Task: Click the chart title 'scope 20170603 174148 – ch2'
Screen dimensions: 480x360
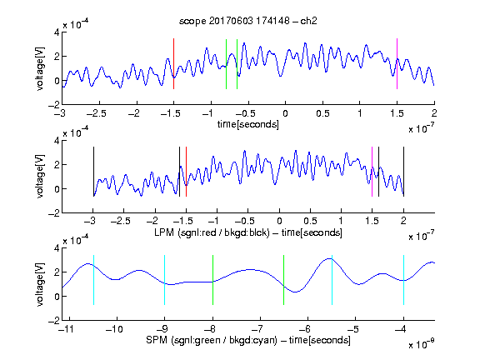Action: tap(248, 21)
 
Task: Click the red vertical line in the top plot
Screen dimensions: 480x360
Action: tap(173, 63)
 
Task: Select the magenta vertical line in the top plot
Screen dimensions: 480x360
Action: tap(397, 63)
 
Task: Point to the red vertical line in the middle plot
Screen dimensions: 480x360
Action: tap(186, 172)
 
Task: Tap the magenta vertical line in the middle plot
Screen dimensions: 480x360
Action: tap(372, 172)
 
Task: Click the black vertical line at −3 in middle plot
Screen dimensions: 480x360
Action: tap(93, 172)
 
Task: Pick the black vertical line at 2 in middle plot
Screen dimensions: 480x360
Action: tap(403, 172)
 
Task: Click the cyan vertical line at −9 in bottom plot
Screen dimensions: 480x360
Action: tap(165, 280)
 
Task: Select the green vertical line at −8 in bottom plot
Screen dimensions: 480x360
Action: tap(212, 280)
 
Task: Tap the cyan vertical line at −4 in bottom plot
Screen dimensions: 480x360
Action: tap(403, 280)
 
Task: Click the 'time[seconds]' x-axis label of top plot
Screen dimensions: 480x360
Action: tap(248, 124)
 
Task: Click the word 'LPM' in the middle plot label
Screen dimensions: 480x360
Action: tap(164, 232)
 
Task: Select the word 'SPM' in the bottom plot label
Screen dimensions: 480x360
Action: tap(157, 340)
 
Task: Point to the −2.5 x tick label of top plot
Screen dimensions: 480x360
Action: tap(96, 113)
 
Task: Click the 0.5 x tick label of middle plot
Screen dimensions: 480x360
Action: tap(310, 221)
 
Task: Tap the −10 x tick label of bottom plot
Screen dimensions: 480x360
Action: tap(114, 329)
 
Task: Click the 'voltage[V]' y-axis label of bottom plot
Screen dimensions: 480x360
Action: tap(40, 284)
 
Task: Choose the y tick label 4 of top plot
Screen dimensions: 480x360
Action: tap(57, 32)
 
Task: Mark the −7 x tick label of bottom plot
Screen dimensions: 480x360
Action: tap(257, 329)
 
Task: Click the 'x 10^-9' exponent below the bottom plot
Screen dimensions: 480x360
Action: tap(422, 344)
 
